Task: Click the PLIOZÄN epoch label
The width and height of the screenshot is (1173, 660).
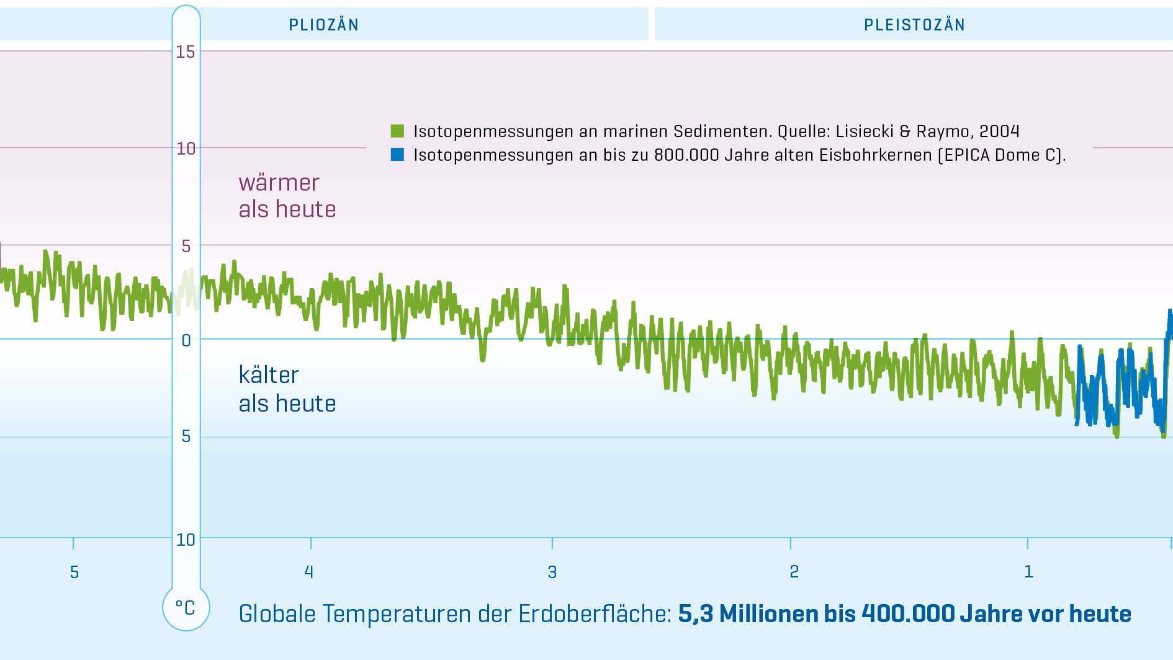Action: [323, 25]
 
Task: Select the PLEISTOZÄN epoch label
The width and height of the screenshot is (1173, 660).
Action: [914, 25]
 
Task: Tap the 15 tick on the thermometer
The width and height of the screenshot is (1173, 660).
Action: [186, 52]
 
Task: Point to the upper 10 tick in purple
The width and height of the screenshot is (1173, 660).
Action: [186, 148]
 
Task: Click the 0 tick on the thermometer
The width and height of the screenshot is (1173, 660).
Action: [186, 340]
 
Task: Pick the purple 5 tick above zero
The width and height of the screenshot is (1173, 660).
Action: [186, 246]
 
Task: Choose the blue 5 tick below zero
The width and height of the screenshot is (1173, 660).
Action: [186, 436]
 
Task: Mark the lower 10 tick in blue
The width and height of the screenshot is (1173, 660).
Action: [186, 540]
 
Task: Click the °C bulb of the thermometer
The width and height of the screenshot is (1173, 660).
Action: [186, 608]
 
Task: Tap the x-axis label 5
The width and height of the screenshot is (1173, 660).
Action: [74, 572]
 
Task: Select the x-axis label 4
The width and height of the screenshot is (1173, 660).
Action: [309, 572]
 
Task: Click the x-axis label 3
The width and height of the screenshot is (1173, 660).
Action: [552, 572]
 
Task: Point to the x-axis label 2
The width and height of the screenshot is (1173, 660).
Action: [794, 571]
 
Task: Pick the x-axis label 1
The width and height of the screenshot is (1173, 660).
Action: [1028, 571]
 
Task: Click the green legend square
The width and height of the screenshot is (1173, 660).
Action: [397, 131]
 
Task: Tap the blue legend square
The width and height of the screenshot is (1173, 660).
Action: [397, 154]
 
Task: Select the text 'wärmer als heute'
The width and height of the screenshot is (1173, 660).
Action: [287, 196]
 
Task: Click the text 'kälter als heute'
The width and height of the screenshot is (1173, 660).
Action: [287, 389]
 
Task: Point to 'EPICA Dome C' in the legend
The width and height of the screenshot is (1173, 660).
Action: [1000, 155]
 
